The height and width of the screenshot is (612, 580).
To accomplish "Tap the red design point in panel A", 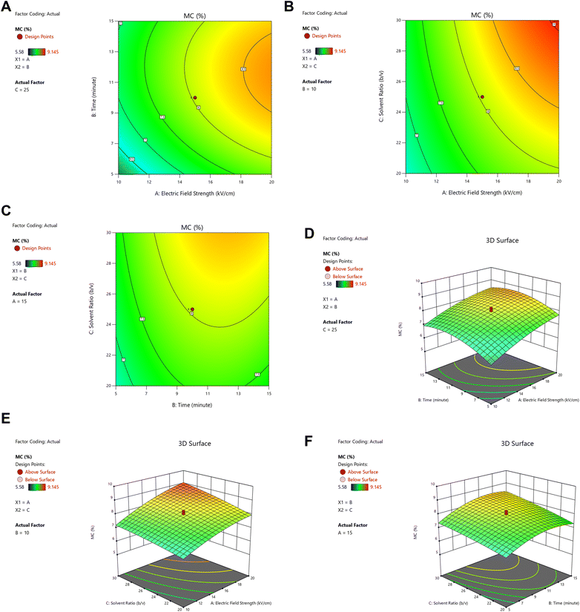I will tap(195, 98).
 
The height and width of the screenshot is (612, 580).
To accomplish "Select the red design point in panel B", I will tap(481, 97).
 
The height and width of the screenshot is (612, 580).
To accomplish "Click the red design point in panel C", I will tap(191, 309).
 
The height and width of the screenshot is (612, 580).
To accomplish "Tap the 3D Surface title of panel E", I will tap(195, 444).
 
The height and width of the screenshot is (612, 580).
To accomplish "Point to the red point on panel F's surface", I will tap(507, 513).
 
